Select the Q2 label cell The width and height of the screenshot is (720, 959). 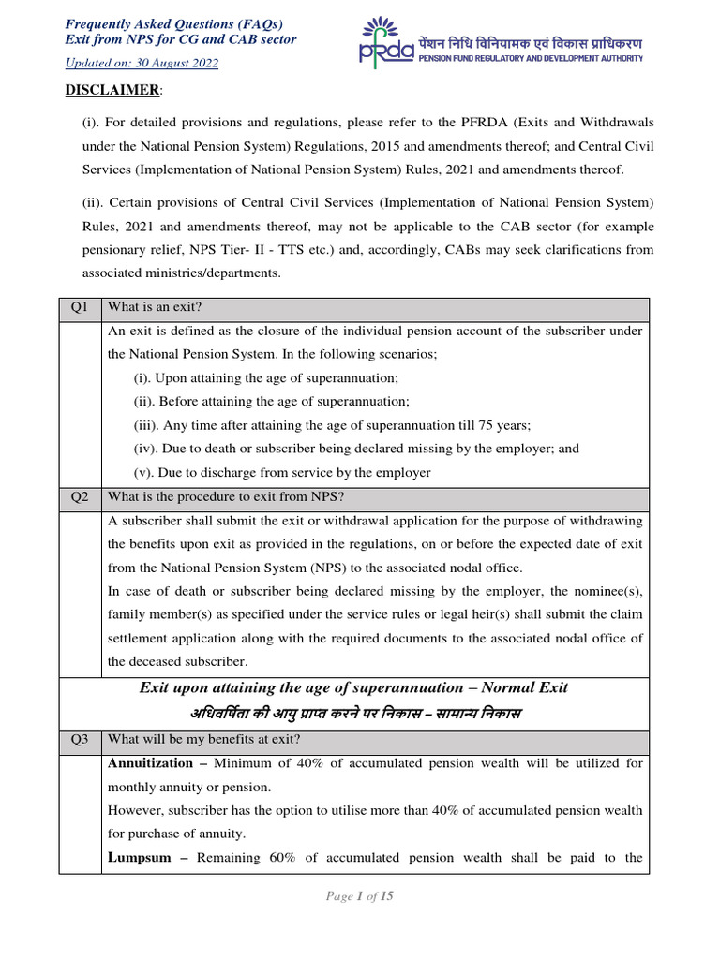point(79,496)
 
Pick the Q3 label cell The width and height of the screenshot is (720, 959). point(79,740)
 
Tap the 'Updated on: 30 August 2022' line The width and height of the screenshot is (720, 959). point(141,63)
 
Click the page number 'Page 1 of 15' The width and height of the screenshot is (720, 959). point(360,896)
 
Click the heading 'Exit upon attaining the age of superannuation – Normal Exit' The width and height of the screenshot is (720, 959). point(354,687)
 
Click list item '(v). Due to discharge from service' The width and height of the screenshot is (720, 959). point(282,473)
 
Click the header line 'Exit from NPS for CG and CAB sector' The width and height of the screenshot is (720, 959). point(180,39)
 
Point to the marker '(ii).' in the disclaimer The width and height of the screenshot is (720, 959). point(96,203)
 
